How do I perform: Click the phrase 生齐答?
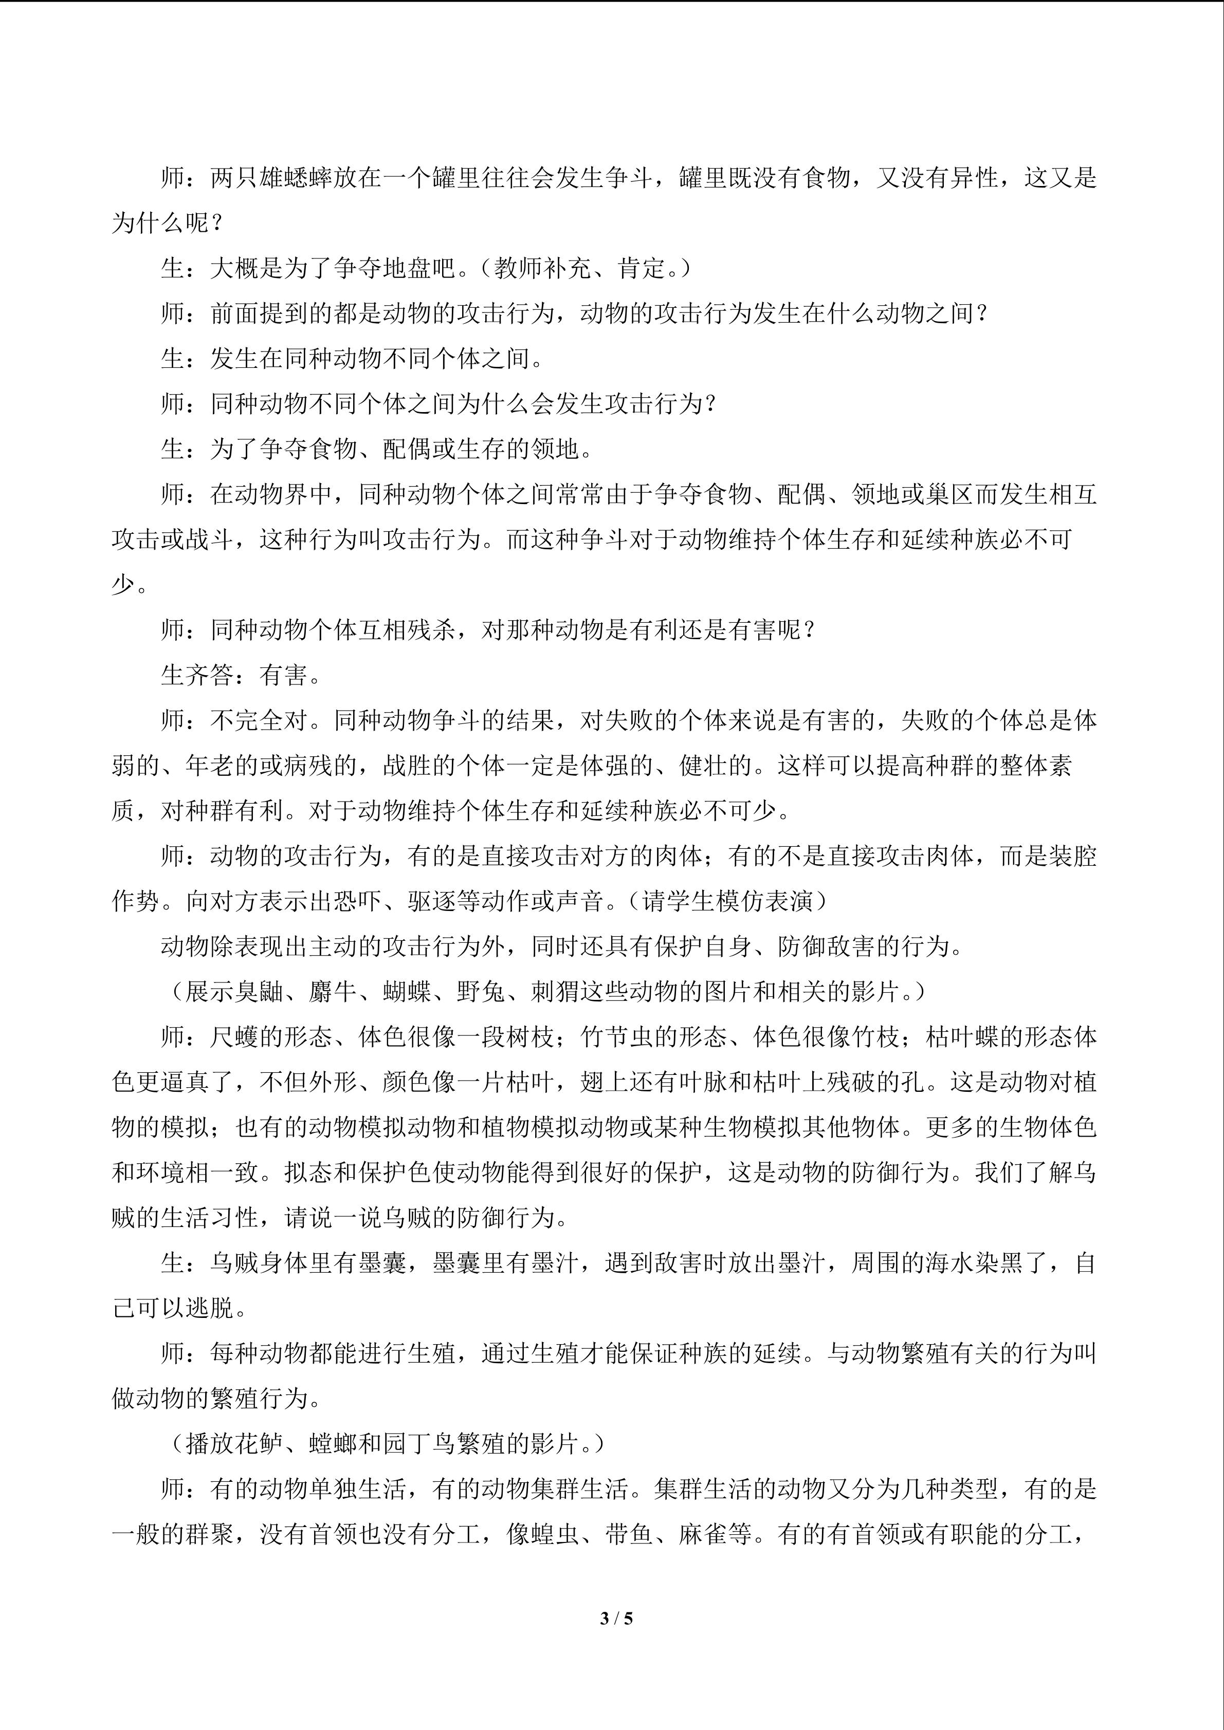pyautogui.click(x=197, y=675)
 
